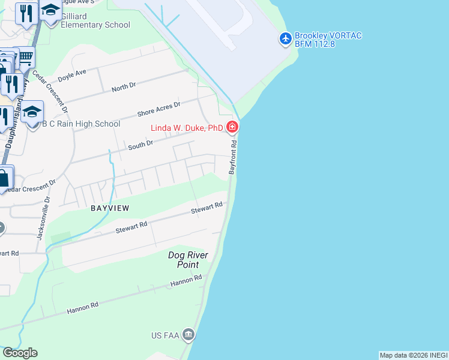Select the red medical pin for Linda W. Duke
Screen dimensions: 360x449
coord(232,127)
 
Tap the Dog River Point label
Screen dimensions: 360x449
coord(188,260)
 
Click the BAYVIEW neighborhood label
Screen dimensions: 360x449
coord(110,208)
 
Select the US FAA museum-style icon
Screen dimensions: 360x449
coord(188,334)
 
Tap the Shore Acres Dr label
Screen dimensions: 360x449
coord(159,109)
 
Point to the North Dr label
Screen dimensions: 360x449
coord(124,87)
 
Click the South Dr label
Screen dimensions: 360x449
coord(142,144)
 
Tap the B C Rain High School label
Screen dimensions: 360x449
coord(80,124)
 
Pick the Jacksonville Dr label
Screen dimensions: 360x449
coord(41,218)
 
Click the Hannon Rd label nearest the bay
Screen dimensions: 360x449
coord(186,280)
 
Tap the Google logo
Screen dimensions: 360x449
coord(20,352)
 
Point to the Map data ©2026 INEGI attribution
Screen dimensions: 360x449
coord(413,355)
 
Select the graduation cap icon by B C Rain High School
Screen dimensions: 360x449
coord(32,112)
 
